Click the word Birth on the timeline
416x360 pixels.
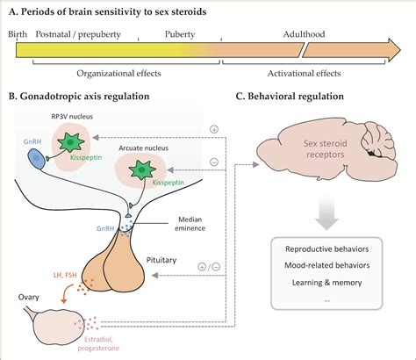(x=18, y=34)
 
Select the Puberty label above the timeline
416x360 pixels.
(x=180, y=34)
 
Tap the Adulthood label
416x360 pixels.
(x=304, y=34)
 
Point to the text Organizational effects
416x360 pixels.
(x=118, y=73)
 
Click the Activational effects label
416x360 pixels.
(x=305, y=73)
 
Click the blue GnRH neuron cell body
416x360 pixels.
(x=36, y=159)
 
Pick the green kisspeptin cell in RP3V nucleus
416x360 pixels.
(x=71, y=142)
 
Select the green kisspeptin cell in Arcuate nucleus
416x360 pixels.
(x=142, y=169)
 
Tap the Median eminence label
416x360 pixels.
(x=190, y=224)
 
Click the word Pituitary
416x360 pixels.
(x=161, y=260)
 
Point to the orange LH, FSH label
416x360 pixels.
(x=65, y=275)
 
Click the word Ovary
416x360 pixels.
(x=28, y=298)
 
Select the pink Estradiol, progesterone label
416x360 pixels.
(x=98, y=344)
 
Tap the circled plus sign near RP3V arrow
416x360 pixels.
(x=214, y=129)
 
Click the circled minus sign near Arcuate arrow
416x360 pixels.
(x=214, y=162)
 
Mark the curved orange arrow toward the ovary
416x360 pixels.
(x=65, y=293)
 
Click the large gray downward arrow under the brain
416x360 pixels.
(x=326, y=213)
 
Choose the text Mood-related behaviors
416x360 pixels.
(x=327, y=265)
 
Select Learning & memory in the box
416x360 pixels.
(x=327, y=283)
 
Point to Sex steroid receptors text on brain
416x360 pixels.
(x=326, y=149)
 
